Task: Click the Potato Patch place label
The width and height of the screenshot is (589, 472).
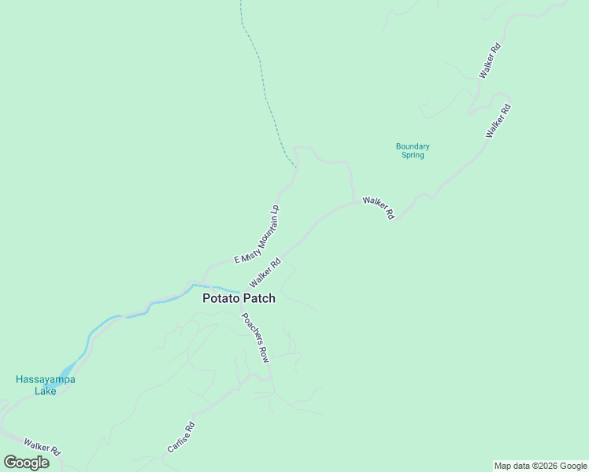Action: pyautogui.click(x=239, y=299)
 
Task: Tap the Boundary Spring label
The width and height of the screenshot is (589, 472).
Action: pyautogui.click(x=412, y=150)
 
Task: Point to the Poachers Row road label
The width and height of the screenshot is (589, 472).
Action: pyautogui.click(x=255, y=337)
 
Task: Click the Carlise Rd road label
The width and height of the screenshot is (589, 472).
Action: pyautogui.click(x=180, y=437)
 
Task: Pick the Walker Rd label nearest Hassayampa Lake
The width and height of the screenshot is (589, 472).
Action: pyautogui.click(x=42, y=446)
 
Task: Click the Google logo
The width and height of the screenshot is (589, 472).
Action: pyautogui.click(x=27, y=463)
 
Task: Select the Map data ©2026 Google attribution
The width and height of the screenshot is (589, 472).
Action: pyautogui.click(x=541, y=466)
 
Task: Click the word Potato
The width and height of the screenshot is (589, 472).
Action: pyautogui.click(x=220, y=299)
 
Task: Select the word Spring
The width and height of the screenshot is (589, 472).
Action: pyautogui.click(x=412, y=155)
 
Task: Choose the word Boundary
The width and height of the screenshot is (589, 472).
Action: pyautogui.click(x=412, y=146)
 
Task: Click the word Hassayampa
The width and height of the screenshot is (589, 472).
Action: pyautogui.click(x=45, y=379)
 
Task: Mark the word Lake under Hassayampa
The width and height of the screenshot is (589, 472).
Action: pyautogui.click(x=45, y=390)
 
